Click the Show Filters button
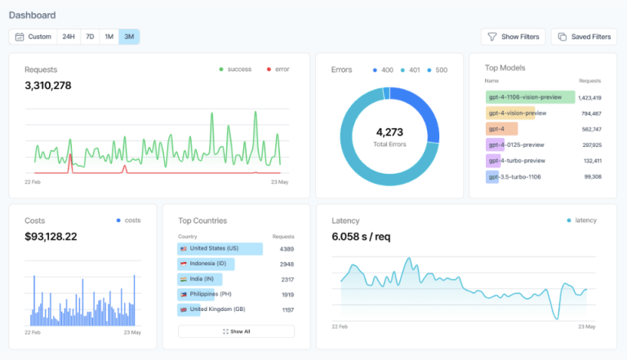(514, 37)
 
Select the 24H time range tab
(69, 37)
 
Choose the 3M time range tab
(129, 37)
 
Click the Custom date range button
(33, 37)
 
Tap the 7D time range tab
(89, 37)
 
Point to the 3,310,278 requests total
(47, 85)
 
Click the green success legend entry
(235, 69)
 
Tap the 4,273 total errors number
(391, 131)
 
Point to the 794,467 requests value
(589, 113)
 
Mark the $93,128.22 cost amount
(51, 237)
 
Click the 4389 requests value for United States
(287, 249)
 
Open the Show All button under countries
(236, 331)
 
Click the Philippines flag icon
(184, 295)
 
